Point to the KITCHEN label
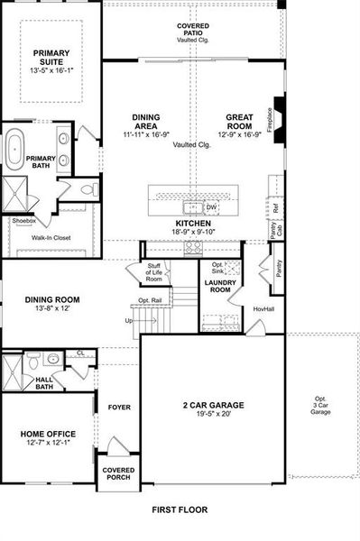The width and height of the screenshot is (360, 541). pyautogui.click(x=193, y=223)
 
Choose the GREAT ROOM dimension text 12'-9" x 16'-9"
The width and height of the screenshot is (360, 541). pyautogui.click(x=242, y=134)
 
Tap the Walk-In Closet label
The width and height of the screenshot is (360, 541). pyautogui.click(x=52, y=238)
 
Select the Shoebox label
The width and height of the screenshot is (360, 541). pyautogui.click(x=23, y=220)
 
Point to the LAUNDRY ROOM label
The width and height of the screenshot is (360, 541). pyautogui.click(x=219, y=287)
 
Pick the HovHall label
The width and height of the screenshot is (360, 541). pyautogui.click(x=263, y=309)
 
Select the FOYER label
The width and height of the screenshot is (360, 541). pyautogui.click(x=119, y=408)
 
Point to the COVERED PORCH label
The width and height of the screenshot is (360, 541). pyautogui.click(x=118, y=473)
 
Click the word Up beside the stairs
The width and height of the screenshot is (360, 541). pyautogui.click(x=129, y=320)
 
